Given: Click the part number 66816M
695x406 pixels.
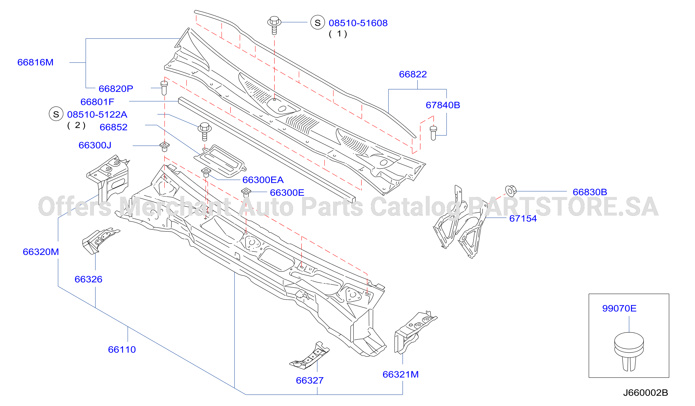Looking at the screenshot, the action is pos(35,62).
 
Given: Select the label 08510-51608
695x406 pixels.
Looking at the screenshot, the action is pos(358,23).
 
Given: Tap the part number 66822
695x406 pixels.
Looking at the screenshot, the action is pos(413,74).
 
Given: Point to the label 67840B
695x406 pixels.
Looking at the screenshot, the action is pos(443,105).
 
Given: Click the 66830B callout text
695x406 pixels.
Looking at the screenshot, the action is pos(590,192).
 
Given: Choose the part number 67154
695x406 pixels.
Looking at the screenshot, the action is pos(523,218).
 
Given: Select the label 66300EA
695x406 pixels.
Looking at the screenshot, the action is pos(263,180).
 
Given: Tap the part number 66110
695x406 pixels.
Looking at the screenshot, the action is pos(122,349).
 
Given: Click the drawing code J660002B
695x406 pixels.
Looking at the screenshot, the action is pos(645,393).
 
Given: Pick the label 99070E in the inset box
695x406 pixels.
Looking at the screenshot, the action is pos(619,308).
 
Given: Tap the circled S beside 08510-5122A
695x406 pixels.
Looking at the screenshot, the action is pos(56,114).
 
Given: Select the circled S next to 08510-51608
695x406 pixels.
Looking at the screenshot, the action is pos(317,22).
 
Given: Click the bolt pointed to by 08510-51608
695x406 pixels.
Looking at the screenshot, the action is pos(274,25).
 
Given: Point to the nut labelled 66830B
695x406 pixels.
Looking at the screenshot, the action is pos(511,191).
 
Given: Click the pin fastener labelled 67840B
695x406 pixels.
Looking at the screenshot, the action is pos(433,133).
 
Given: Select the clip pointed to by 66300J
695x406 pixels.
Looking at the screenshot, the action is pos(165,146).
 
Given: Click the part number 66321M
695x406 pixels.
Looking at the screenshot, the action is pos(401,374).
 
